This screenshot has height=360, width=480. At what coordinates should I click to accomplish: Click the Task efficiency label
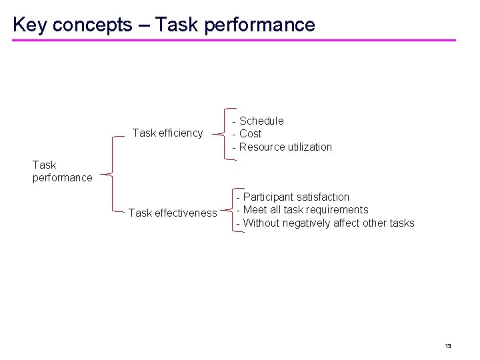(167, 133)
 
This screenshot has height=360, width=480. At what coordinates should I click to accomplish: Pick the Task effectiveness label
(172, 213)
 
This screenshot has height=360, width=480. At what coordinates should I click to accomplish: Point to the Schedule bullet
(258, 121)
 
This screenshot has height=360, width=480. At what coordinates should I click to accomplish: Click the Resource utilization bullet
(282, 147)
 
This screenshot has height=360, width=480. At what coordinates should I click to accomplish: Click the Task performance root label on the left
(62, 171)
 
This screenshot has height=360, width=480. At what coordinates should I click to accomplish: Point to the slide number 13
(448, 345)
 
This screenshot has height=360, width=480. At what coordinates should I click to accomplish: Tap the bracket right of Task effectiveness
(229, 211)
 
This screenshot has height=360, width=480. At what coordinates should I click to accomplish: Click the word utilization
(307, 147)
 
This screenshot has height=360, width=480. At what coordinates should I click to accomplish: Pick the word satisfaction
(323, 197)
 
